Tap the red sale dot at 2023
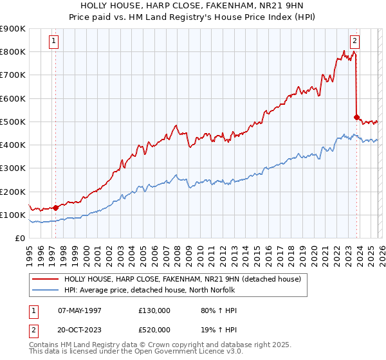click(356, 117)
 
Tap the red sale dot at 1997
click(55, 208)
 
